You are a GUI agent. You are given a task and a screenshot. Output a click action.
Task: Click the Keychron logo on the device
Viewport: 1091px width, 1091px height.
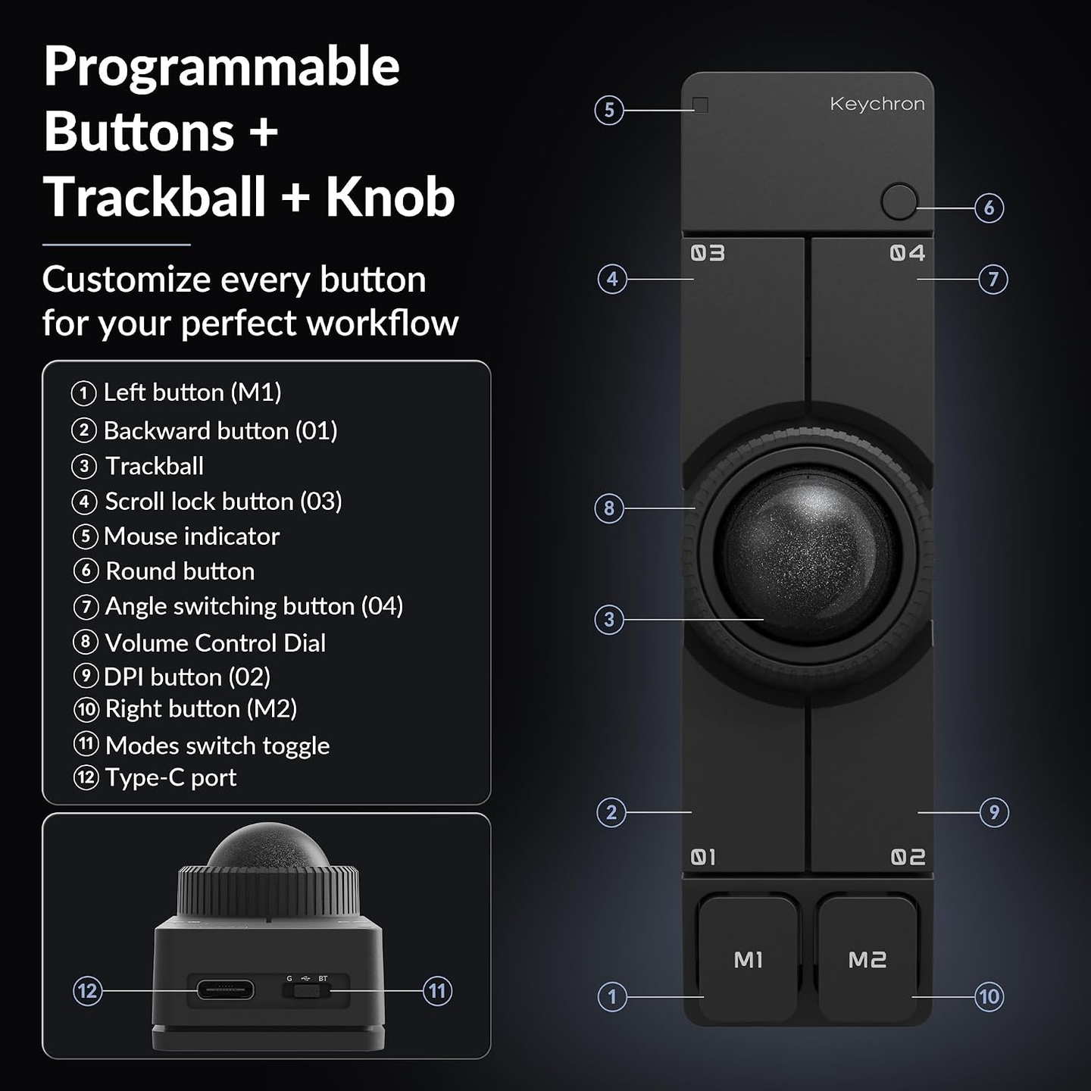pos(877,104)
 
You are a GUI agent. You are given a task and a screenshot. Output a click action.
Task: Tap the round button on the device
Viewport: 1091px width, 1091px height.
pos(899,202)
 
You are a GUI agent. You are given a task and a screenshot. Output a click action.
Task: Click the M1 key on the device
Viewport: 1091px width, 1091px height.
pos(749,960)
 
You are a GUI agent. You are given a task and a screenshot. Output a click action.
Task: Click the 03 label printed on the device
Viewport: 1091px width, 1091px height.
pos(708,253)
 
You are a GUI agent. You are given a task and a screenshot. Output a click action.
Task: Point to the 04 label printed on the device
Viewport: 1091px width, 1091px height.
pos(908,252)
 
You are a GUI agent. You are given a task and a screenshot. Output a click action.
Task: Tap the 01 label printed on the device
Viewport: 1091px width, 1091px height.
pos(703,857)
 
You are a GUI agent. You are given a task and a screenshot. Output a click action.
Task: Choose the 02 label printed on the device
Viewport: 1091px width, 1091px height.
pos(908,857)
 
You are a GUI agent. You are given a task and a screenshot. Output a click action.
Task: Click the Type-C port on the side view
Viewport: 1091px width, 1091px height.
pos(225,990)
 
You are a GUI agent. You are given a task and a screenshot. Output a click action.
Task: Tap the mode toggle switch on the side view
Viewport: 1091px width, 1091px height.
pos(306,991)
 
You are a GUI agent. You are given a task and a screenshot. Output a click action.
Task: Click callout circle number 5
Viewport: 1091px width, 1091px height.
pos(609,110)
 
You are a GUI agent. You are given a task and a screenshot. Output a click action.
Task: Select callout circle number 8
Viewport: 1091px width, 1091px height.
pos(609,508)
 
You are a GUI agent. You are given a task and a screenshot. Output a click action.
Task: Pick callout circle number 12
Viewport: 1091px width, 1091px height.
pos(87,991)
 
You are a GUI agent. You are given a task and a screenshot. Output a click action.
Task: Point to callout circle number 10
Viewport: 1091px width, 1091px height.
pos(989,996)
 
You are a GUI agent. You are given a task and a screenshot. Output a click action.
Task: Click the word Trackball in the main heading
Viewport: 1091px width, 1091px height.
pos(155,197)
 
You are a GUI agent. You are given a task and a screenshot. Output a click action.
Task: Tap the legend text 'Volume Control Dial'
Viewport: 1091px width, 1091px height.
pos(216,643)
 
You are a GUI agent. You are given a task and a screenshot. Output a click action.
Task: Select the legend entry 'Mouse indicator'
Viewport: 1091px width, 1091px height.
pos(176,536)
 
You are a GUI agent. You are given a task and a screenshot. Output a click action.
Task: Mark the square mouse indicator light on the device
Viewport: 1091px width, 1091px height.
pos(700,105)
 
